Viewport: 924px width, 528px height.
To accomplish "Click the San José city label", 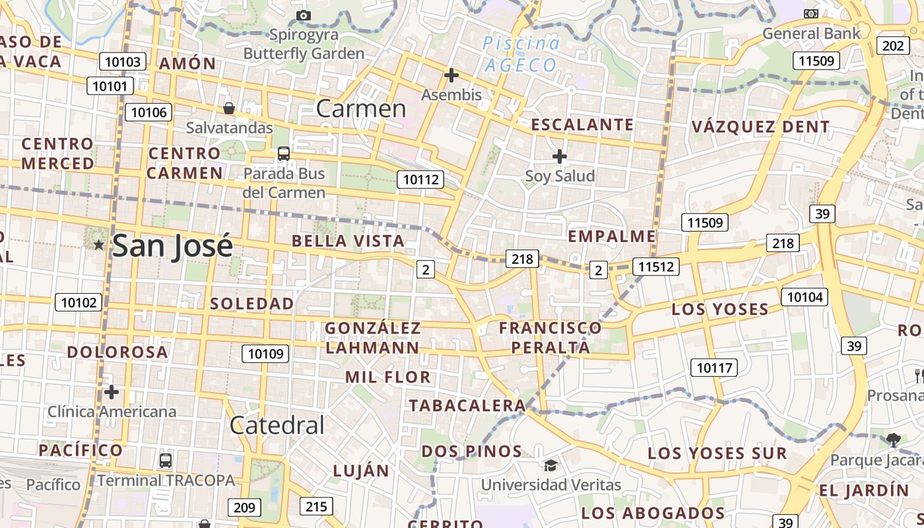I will pos(172,246).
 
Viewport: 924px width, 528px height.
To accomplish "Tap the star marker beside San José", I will pos(98,245).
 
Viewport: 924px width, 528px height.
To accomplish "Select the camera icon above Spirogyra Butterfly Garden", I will pos(304,15).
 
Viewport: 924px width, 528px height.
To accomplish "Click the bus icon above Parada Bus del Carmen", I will pos(284,154).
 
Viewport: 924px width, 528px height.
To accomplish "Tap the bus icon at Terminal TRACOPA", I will pos(165,460).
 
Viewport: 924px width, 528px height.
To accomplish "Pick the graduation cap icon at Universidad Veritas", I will pos(550,465).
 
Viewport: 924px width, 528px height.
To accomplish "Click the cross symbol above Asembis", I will pos(451,75).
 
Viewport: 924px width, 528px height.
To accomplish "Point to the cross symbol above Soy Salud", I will pos(560,156).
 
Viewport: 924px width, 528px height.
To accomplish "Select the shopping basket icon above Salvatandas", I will pos(229,108).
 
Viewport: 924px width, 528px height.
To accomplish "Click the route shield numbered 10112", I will pos(420,179).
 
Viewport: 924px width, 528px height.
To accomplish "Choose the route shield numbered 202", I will pos(893,46).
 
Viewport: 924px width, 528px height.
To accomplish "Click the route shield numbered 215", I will pos(316,506).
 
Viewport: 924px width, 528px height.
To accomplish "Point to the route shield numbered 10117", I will pos(714,368).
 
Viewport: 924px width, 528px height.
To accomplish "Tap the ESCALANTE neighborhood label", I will pos(582,125).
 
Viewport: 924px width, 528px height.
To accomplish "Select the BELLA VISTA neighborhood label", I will pos(348,241).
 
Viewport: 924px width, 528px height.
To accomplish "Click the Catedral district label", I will pos(277,426).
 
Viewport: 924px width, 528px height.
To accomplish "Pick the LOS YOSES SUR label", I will pos(717,453).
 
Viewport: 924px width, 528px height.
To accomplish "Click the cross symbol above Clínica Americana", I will pos(112,392).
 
